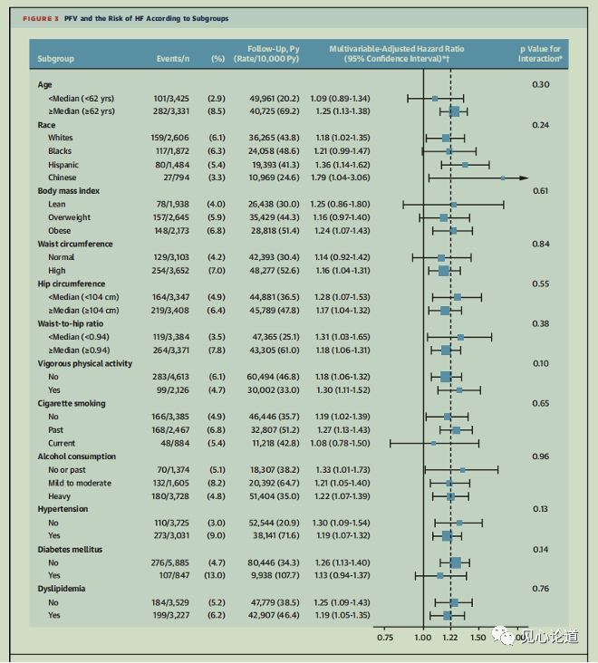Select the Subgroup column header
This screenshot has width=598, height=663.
coord(56,58)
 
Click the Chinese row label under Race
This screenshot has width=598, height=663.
coord(63,178)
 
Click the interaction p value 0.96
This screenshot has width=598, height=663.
coord(541,456)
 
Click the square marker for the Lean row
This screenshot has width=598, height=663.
coord(453,205)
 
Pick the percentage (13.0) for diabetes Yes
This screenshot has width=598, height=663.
coord(217,575)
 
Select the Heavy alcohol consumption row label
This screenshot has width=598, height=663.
coord(61,496)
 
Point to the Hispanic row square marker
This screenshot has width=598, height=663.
coord(465,165)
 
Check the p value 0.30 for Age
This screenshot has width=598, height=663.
coord(541,84)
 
